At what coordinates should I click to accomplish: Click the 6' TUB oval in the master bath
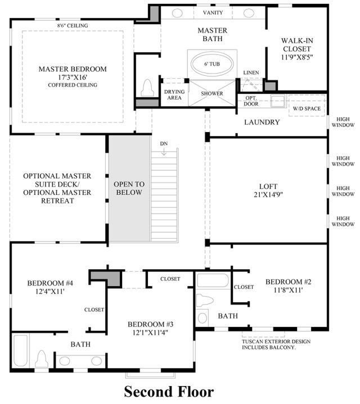point(212,64)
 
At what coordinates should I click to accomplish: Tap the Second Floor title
point(169,392)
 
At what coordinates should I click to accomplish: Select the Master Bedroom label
point(73,69)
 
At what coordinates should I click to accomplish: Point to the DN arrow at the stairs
point(164,152)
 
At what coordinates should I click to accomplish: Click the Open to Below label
point(129,188)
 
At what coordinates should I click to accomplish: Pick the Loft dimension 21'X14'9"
point(268,194)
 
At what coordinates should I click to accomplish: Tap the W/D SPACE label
point(307,109)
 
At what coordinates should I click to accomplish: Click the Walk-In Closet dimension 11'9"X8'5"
point(297,57)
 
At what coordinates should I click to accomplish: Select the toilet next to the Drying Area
point(147,88)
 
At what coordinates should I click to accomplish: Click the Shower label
point(212,93)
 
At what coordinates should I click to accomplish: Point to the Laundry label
point(262,122)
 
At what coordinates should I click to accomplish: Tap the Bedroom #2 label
point(289,282)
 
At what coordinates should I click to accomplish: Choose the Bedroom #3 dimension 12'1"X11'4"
point(150,333)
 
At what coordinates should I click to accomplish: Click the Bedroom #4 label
point(50,283)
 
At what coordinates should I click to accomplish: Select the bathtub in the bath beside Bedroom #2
point(213,280)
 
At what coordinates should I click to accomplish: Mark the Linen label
point(251,72)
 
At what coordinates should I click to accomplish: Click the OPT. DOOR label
point(251,101)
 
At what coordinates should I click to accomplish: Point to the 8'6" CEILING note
point(73,25)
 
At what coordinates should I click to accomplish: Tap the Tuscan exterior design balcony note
point(276,344)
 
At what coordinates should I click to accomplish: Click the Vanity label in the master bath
point(213,12)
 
